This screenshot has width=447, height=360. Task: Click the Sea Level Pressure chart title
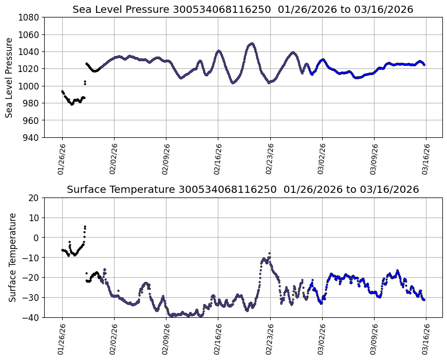[243, 9]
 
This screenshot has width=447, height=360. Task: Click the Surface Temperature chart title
[243, 189]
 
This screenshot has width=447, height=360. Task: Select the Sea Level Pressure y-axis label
[10, 77]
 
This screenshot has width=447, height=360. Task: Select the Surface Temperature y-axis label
[12, 257]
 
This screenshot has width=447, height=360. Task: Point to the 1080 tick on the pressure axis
[30, 17]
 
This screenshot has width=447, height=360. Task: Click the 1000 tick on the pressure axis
[30, 86]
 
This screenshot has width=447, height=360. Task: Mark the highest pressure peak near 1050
[251, 44]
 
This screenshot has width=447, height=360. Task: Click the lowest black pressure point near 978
[72, 104]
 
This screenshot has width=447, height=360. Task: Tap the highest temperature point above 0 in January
[85, 226]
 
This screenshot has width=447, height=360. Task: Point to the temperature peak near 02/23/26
[269, 254]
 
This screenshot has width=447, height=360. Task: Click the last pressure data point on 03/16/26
[424, 65]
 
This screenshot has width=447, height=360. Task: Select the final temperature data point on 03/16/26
[424, 300]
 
